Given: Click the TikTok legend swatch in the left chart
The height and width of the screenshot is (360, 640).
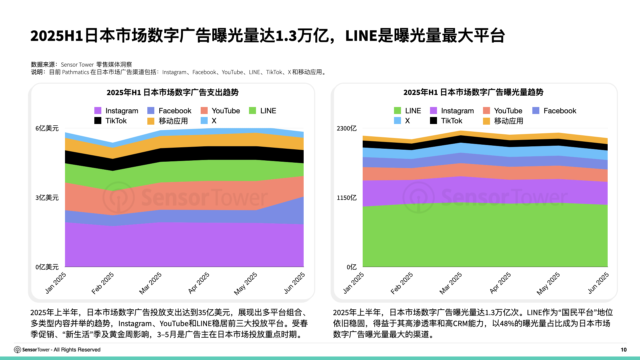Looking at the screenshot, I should (x=98, y=121).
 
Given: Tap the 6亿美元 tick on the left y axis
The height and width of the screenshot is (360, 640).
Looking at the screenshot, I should (x=47, y=128).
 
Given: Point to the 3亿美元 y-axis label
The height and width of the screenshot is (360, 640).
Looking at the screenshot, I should (x=47, y=198).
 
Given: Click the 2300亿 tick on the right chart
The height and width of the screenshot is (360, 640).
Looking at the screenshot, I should (x=346, y=128).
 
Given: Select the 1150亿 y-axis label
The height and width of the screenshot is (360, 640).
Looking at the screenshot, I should (x=346, y=198).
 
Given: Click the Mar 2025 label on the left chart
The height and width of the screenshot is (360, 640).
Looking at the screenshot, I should (x=150, y=283).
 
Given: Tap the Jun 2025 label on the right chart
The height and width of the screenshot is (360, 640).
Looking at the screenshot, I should (x=598, y=283).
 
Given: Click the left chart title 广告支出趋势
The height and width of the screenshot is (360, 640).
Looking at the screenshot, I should (x=172, y=92).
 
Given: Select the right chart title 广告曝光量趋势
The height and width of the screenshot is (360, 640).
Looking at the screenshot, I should (x=473, y=92).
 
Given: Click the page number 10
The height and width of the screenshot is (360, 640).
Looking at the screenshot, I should (x=623, y=350).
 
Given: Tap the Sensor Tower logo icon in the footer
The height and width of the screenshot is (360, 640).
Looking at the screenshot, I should (x=17, y=350).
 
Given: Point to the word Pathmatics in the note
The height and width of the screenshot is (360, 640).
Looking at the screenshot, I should (x=75, y=72).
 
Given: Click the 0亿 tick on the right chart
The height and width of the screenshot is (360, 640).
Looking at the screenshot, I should (x=351, y=267).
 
